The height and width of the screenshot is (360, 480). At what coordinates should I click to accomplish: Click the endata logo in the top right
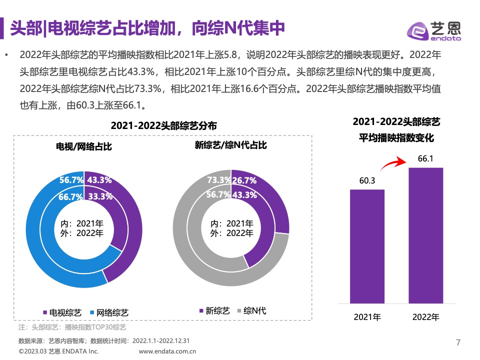coord(434,30)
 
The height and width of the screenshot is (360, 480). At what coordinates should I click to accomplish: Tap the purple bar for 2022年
coord(426,235)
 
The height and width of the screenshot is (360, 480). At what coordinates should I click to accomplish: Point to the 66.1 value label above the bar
coord(425,159)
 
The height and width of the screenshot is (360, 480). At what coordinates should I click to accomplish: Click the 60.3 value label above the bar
coord(367,180)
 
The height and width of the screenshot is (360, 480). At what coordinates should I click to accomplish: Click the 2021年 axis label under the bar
coord(367,317)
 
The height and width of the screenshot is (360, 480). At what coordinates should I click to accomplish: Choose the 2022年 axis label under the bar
coord(426,317)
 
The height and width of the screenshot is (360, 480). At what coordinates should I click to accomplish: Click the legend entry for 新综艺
coord(214,310)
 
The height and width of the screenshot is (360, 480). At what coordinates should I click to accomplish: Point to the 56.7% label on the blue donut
coord(71,180)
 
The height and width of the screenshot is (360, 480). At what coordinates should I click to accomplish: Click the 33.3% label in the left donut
coord(100,196)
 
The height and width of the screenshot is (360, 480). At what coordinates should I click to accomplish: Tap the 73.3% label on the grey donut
coord(219,180)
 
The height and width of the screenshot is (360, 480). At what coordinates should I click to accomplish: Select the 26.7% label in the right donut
coord(245,180)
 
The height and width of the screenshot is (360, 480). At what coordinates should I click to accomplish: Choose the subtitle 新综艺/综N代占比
coord(230,145)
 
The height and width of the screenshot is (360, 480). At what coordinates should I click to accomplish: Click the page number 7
coord(458,342)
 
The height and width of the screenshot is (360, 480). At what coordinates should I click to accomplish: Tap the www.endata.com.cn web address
coord(166,351)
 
